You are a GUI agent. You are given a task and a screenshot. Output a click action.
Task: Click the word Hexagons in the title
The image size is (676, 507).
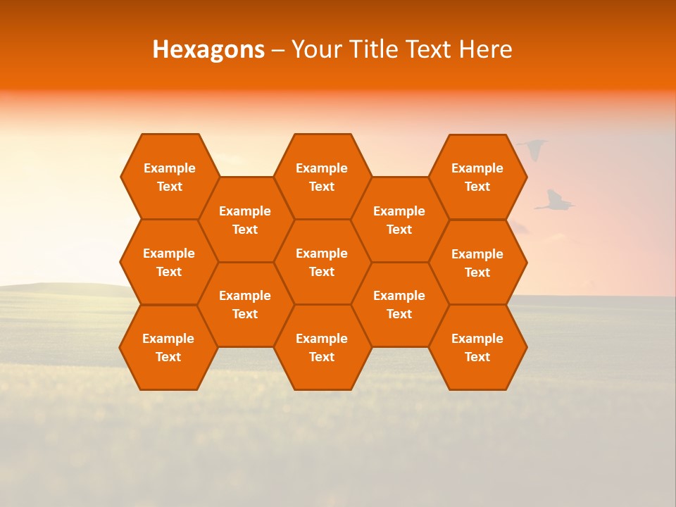coord(208,49)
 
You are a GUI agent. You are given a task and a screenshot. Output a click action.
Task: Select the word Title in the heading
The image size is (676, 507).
coord(375,49)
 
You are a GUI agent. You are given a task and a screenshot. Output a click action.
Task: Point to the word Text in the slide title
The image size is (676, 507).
coord(431,49)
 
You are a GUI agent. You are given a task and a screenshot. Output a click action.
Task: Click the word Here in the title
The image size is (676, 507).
coord(485,49)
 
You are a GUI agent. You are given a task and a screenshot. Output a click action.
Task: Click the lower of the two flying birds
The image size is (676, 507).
coord(556,201)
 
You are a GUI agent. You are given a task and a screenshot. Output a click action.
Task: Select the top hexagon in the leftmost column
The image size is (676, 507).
coord(170,177)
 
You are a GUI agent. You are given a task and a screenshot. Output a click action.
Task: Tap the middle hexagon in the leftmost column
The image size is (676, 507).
coord(169,262)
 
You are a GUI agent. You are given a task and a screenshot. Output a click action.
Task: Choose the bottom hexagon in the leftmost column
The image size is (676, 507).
coord(168,347)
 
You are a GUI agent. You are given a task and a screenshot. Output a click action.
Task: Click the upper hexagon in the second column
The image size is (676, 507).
coord(245,220)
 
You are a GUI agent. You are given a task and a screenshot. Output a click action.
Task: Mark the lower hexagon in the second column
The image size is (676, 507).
coord(245,304)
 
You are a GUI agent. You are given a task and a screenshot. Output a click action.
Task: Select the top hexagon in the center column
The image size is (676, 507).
coord(322,177)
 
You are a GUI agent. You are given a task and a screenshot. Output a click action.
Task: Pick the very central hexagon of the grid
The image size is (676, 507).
coord(322,262)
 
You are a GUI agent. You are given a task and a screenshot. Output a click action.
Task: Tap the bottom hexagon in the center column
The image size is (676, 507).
coord(322,347)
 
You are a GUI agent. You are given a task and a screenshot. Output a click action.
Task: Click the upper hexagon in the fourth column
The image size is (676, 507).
coord(399,220)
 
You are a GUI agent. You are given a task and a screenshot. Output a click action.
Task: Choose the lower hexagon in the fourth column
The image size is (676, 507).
coord(399,304)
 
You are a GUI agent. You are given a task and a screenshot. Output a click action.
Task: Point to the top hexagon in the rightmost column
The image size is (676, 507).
coord(477,177)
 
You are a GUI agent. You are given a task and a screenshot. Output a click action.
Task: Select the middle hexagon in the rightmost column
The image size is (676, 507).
coord(477,263)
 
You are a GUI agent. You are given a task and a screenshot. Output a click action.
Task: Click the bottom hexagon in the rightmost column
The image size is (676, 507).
coord(477,347)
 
